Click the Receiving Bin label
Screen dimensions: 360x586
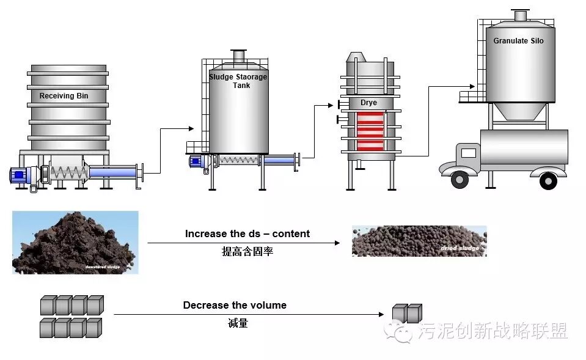coord(64,96)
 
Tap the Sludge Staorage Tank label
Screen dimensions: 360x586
coord(238,81)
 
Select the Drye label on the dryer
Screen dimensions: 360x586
coord(368,103)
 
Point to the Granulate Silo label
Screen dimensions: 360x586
coord(518,41)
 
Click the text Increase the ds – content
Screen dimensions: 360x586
coord(247,233)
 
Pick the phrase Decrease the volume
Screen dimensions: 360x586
coord(235,305)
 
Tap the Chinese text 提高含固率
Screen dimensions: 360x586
coord(247,251)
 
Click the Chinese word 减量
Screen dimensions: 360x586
coord(234,323)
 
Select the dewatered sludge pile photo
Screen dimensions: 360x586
coord(75,242)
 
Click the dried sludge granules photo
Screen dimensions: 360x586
coord(419,241)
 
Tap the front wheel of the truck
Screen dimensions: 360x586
coord(460,179)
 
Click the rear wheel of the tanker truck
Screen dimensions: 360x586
coord(548,181)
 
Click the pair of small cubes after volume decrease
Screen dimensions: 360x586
coord(407,313)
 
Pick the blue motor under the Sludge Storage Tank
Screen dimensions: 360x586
coord(197,161)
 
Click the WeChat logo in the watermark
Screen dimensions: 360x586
coord(401,332)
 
